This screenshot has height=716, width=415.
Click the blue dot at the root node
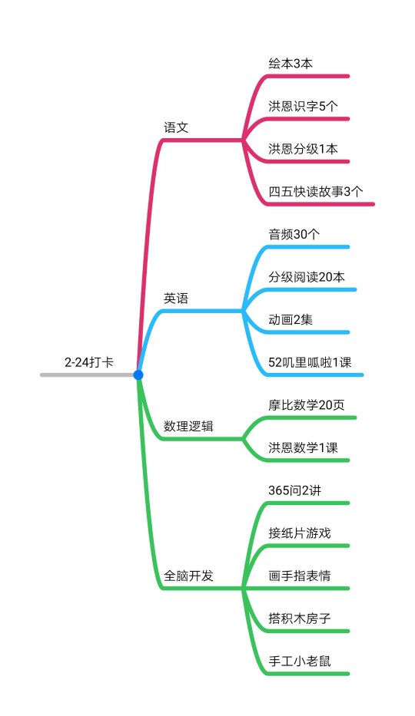click(x=138, y=375)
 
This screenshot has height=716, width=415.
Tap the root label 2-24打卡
click(x=88, y=362)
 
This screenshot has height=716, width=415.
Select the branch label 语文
click(x=176, y=127)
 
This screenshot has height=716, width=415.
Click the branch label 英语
click(x=176, y=299)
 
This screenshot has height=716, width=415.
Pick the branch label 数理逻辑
click(x=188, y=427)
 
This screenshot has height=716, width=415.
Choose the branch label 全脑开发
click(x=188, y=576)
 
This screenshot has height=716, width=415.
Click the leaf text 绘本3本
click(x=290, y=64)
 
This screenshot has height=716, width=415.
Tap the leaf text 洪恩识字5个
click(x=303, y=107)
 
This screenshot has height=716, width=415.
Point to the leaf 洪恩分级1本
click(x=303, y=149)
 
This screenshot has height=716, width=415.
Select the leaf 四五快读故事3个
click(x=316, y=192)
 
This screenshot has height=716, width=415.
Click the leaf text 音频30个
click(x=294, y=234)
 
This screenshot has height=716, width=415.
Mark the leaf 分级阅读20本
click(x=307, y=277)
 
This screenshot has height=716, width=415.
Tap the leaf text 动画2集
click(x=290, y=320)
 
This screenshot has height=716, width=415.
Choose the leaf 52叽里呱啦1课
click(x=310, y=362)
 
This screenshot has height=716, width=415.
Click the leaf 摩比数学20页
click(x=307, y=405)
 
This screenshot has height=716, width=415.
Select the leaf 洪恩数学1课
click(x=303, y=447)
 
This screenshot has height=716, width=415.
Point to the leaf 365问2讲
click(x=295, y=490)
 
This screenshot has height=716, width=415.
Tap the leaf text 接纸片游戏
click(x=300, y=533)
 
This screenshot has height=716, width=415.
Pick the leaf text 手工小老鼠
click(x=300, y=662)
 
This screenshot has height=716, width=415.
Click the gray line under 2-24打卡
click(x=87, y=375)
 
